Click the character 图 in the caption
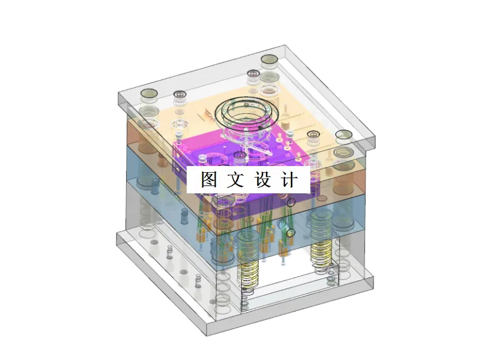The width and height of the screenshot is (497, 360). [209, 179]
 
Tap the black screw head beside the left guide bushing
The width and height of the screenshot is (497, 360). [179, 95]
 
